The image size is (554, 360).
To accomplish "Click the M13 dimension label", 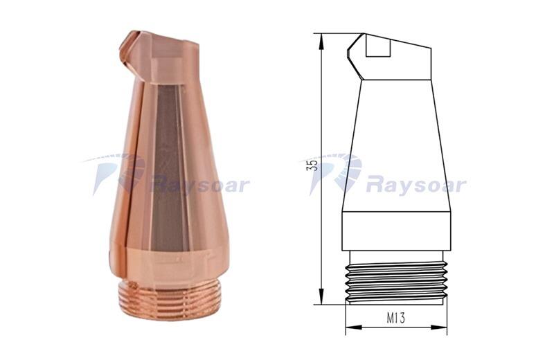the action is point(395,318).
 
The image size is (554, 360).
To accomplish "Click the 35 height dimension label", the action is point(312,165).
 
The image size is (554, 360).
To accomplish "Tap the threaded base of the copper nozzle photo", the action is point(170,300).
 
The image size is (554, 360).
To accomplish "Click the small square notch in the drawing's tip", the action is point(378,47).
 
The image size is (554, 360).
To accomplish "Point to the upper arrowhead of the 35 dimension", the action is point(321,41).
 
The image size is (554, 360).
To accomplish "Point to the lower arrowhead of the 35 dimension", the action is point(321,296).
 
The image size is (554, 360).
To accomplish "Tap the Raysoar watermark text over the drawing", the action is point(416,186).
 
